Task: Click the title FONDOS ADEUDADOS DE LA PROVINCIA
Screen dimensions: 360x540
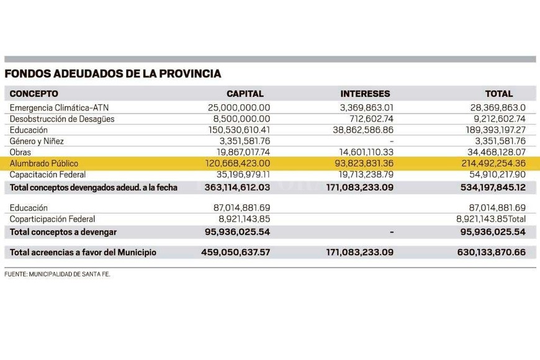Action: pyautogui.click(x=113, y=74)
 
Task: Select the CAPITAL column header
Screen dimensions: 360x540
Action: pyautogui.click(x=245, y=94)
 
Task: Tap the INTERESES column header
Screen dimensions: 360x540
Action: pyautogui.click(x=365, y=94)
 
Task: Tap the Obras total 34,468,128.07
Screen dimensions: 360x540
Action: pyautogui.click(x=490, y=152)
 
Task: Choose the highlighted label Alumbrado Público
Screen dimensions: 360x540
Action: pyautogui.click(x=44, y=163)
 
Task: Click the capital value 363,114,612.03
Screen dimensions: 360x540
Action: pyautogui.click(x=236, y=187)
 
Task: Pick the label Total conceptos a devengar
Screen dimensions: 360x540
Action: pyautogui.click(x=63, y=232)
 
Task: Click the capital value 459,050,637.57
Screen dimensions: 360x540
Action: pyautogui.click(x=236, y=253)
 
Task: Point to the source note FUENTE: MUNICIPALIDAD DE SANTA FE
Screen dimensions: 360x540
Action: pyautogui.click(x=58, y=274)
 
